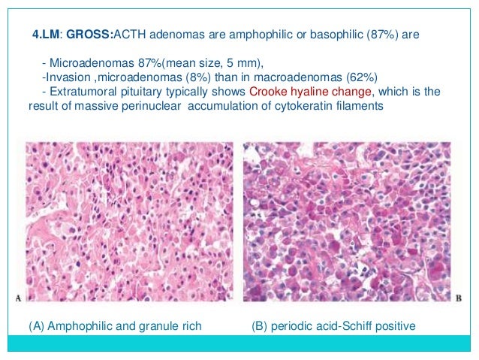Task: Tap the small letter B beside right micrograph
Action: (x=459, y=298)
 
